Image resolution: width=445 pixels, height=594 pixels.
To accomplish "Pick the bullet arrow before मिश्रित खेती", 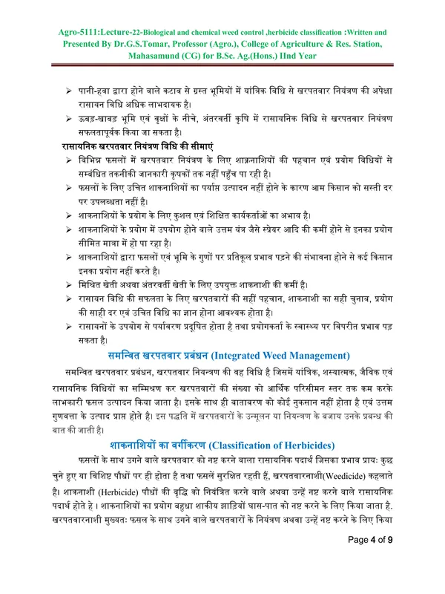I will click(66, 284).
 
